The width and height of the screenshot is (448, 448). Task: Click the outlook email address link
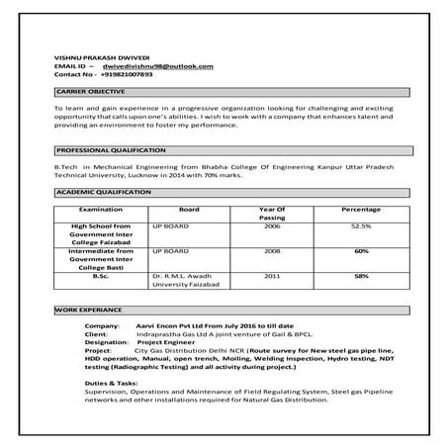pyautogui.click(x=150, y=65)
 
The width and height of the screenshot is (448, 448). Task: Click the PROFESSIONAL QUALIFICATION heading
pyautogui.click(x=111, y=149)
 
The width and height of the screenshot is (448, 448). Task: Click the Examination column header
pyautogui.click(x=100, y=210)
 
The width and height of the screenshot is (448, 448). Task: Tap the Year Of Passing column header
pyautogui.click(x=272, y=214)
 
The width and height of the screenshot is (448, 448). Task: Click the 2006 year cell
pyautogui.click(x=272, y=225)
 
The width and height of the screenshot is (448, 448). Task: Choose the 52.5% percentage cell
pyautogui.click(x=361, y=225)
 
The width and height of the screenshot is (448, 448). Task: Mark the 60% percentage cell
pyautogui.click(x=361, y=251)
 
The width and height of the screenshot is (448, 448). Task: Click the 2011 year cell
pyautogui.click(x=272, y=276)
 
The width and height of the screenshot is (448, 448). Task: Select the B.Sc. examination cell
pyautogui.click(x=100, y=276)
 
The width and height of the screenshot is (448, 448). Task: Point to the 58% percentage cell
pyautogui.click(x=361, y=276)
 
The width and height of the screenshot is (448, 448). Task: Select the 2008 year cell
pyautogui.click(x=272, y=251)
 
